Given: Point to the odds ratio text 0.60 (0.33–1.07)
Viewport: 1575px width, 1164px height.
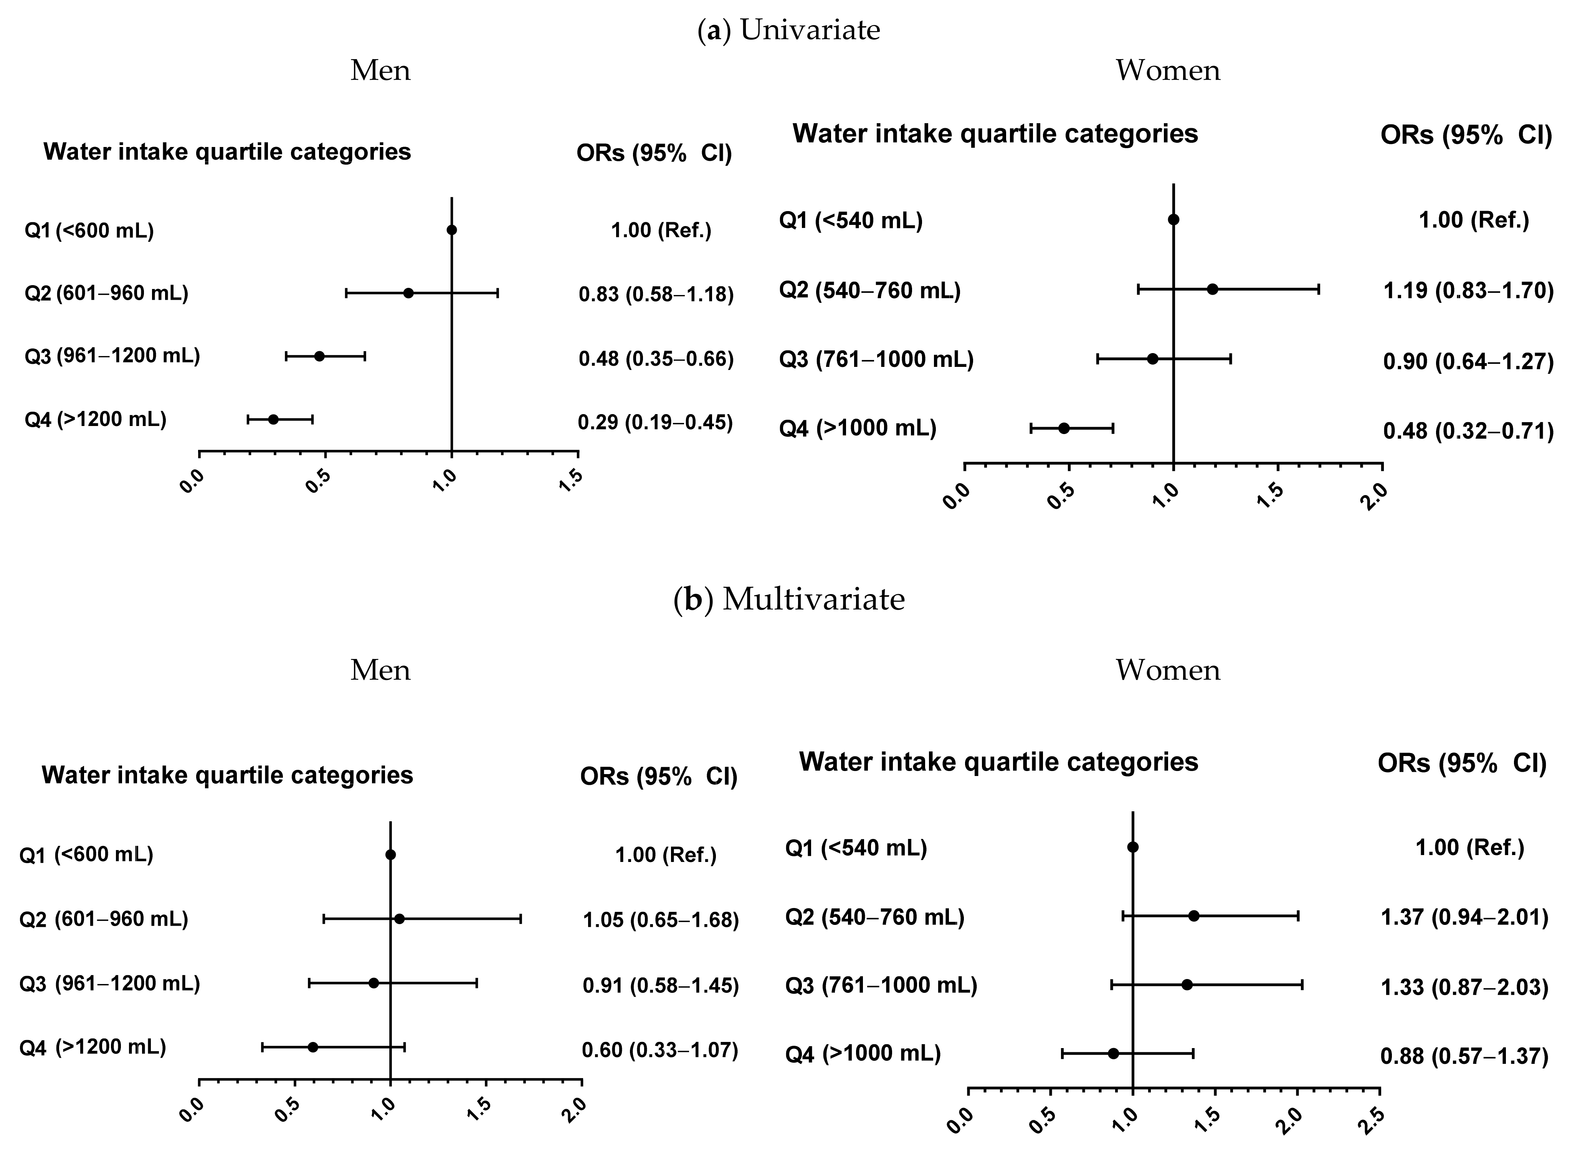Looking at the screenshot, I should coord(659,1050).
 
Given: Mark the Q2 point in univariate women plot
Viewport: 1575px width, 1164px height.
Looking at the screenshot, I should coord(1212,289).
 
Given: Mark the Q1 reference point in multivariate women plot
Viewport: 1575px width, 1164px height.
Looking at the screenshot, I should coord(1132,847).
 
